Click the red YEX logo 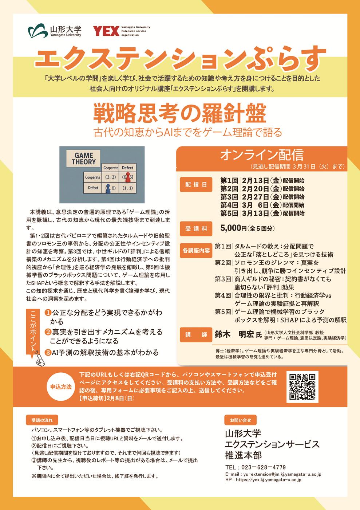(x=106, y=31)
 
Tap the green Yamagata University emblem (x=38, y=31)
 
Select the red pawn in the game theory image (x=128, y=177)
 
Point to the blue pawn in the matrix (x=108, y=188)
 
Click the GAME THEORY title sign (x=83, y=158)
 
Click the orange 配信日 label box (x=196, y=184)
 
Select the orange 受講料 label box (x=196, y=229)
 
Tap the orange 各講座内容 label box (x=196, y=251)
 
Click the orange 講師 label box (x=196, y=335)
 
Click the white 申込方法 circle (x=61, y=387)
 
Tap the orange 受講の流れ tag (x=42, y=420)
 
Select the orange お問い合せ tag (x=241, y=420)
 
